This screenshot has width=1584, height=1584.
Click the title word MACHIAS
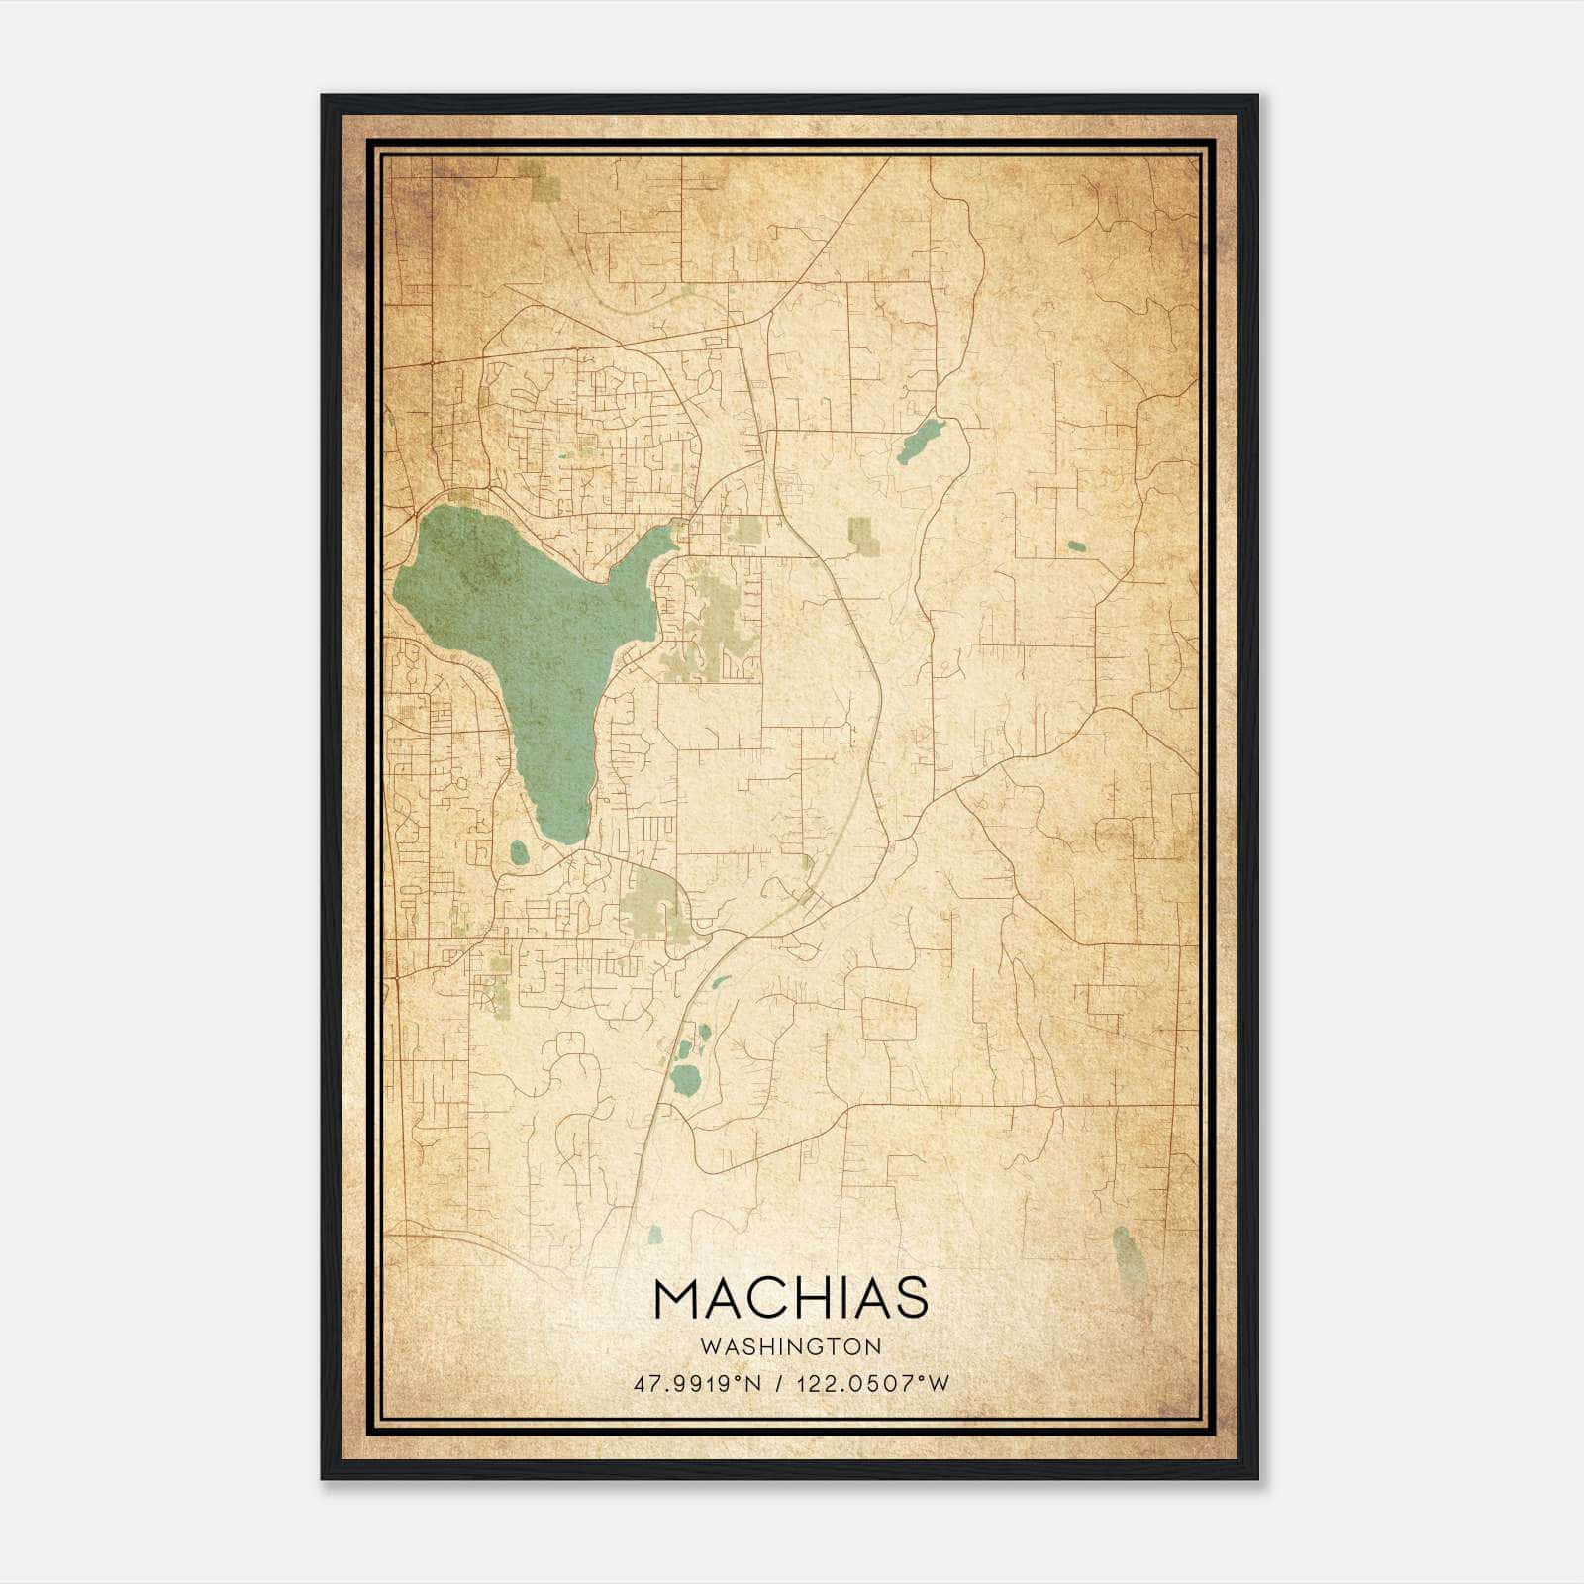pos(790,1298)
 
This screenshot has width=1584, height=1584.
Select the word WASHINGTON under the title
pos(790,1346)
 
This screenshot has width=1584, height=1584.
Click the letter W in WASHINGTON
pos(710,1346)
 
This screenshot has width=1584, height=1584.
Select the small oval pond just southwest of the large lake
pos(518,851)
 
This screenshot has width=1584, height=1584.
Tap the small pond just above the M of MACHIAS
pos(653,1235)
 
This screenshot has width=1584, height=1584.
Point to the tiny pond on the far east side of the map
pos(1076,545)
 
